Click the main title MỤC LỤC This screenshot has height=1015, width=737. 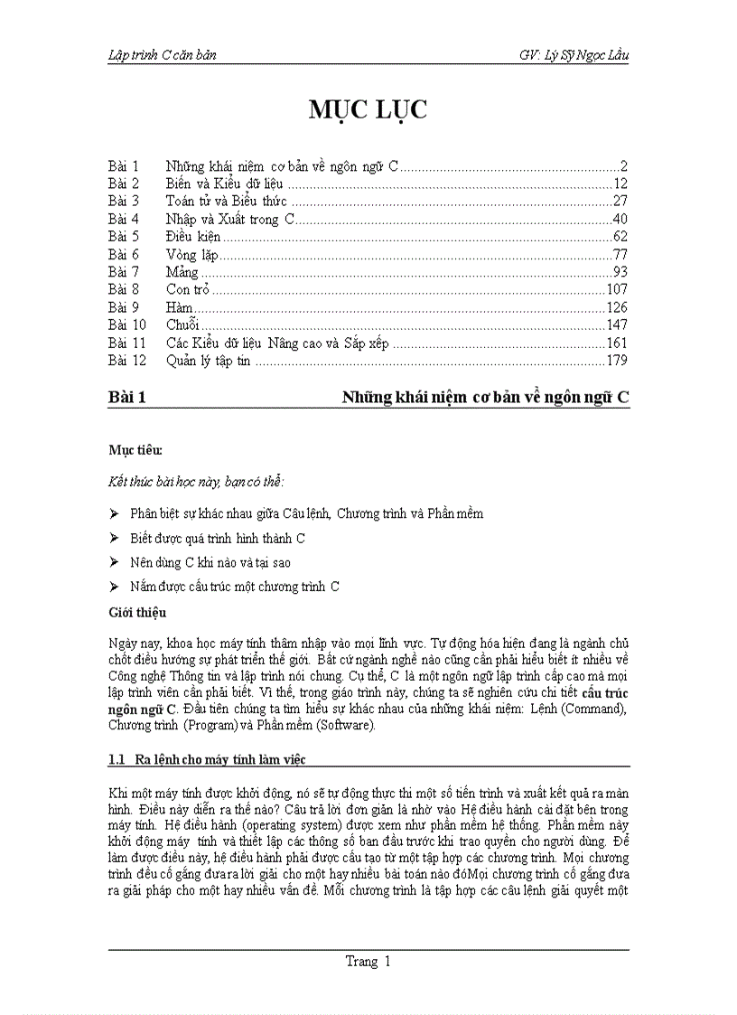point(368,111)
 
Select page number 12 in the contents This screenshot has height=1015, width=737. point(620,184)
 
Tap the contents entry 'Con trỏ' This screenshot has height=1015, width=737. point(188,290)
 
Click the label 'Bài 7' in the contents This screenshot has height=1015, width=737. point(123,272)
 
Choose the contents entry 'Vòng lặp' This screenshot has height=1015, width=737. point(193,255)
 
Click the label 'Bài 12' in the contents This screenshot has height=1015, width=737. point(126,361)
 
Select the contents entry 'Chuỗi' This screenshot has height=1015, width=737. point(182,325)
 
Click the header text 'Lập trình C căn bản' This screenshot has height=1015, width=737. point(162,55)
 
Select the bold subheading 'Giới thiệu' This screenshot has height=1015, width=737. point(137,612)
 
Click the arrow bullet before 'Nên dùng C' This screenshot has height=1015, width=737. point(115,562)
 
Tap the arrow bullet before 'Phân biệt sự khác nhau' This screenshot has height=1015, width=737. point(115,513)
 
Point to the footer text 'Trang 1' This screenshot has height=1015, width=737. point(368,962)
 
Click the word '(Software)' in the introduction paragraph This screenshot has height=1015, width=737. point(350,726)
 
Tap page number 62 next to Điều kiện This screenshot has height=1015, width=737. point(620,237)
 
